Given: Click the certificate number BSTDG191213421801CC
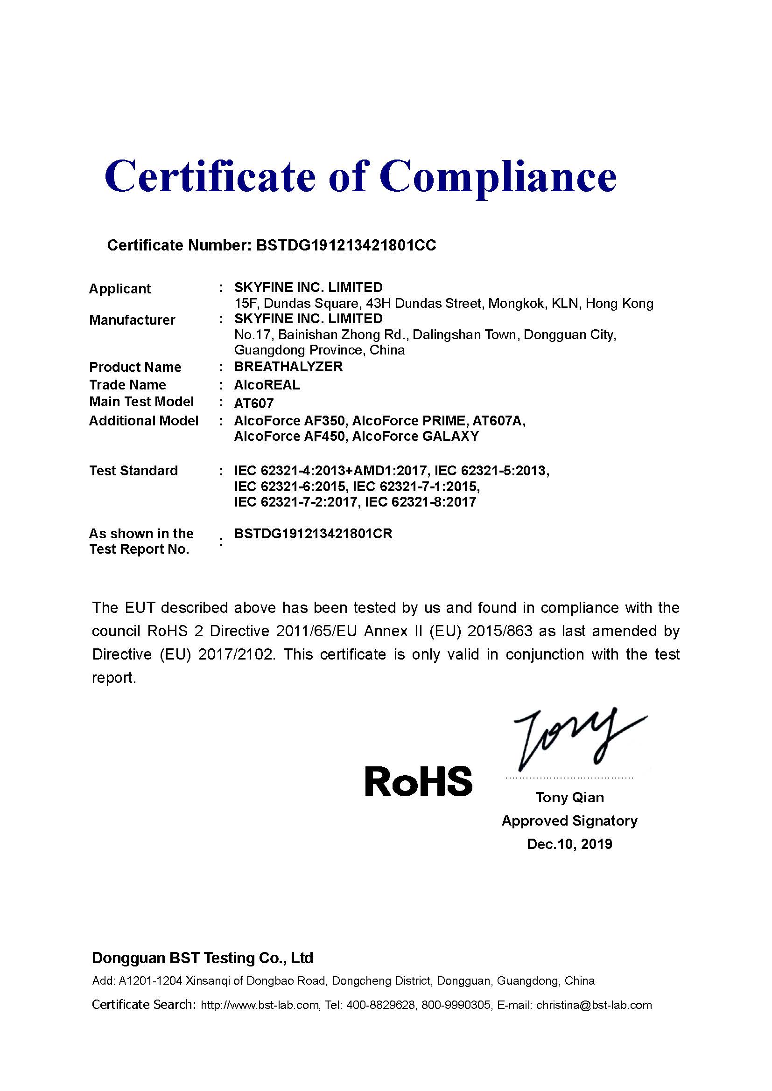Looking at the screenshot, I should click(346, 245).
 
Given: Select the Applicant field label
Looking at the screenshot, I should click(120, 289).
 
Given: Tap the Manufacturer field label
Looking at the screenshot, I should click(132, 320).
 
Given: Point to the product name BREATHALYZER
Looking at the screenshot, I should click(288, 367).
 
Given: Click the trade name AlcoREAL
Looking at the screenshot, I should click(267, 385).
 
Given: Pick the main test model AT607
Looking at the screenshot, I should click(254, 403).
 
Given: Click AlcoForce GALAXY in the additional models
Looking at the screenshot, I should click(415, 436).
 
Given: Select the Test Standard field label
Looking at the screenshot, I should click(133, 471).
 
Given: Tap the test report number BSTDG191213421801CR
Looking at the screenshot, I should click(313, 534).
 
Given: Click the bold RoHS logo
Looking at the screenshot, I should click(418, 781).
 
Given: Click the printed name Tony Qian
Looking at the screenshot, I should click(569, 797).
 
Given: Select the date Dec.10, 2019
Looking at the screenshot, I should click(569, 844).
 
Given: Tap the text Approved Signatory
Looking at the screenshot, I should click(569, 820).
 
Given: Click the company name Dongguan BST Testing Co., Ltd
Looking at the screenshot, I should click(203, 958).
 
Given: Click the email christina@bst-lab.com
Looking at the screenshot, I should click(594, 1005).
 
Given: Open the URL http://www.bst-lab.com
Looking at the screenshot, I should click(260, 1005).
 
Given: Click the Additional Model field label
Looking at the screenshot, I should click(144, 421).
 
